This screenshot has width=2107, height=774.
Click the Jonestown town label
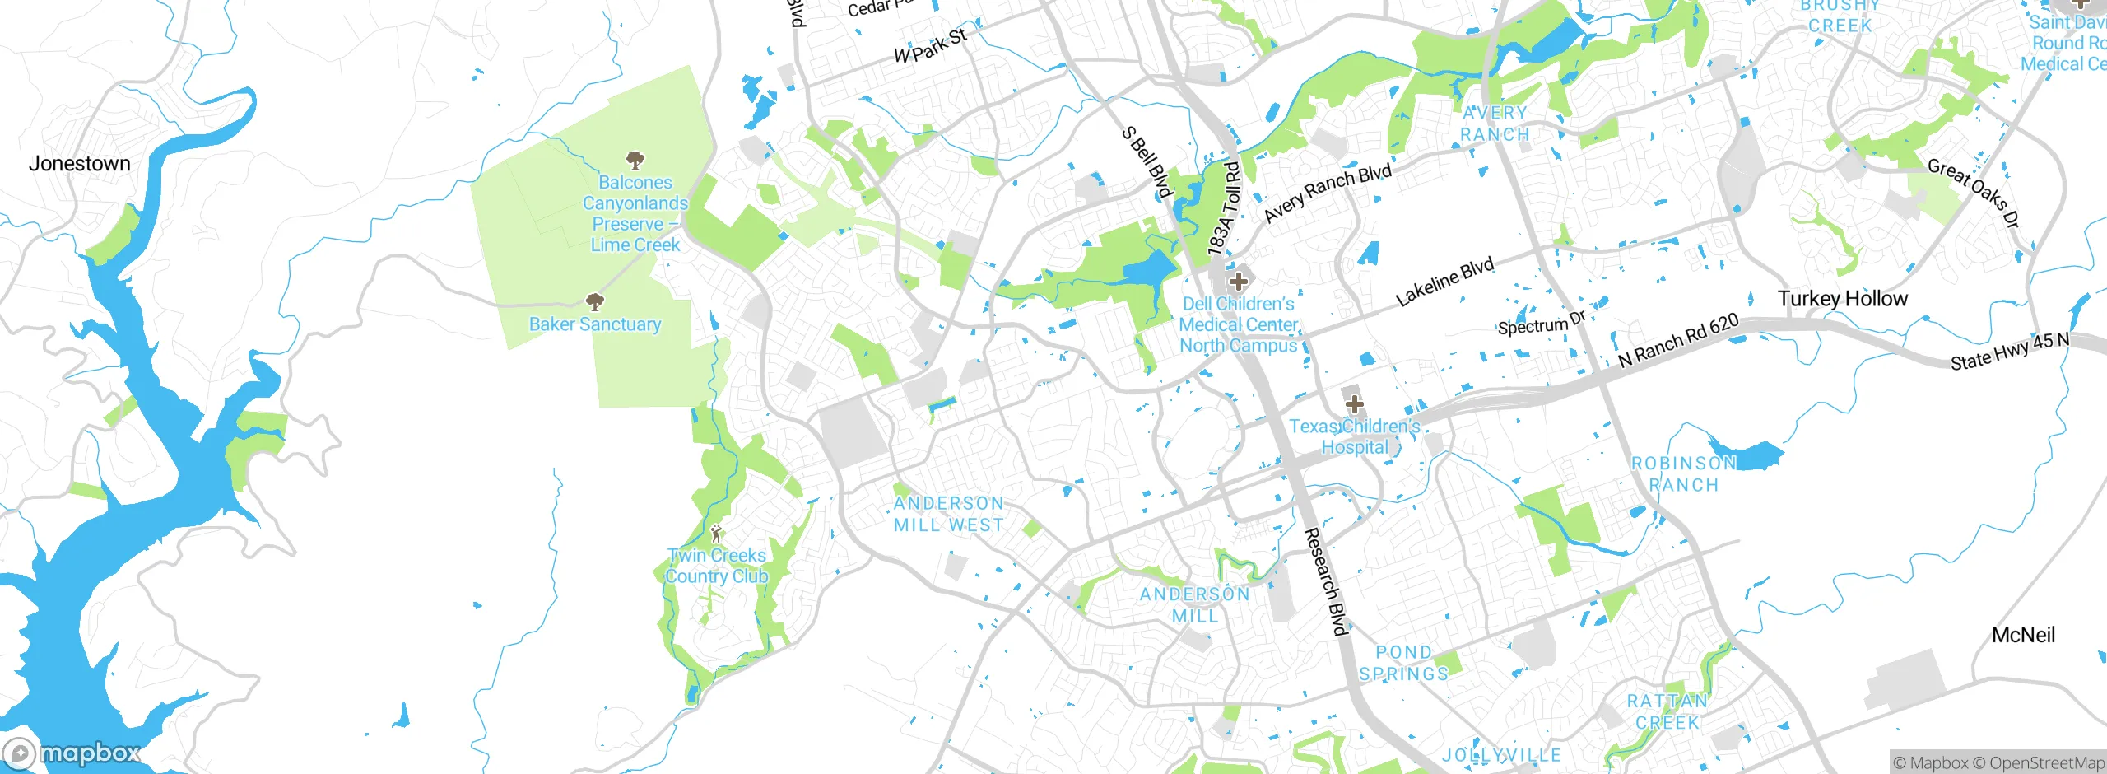(80, 164)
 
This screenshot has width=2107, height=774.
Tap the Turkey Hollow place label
(1842, 299)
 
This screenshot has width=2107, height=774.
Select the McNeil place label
(2023, 635)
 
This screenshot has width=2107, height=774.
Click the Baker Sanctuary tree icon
(594, 301)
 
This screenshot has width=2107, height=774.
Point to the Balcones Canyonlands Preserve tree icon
(635, 159)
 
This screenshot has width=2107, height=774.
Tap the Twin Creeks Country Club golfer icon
(716, 533)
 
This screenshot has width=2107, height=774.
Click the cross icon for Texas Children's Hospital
(1354, 404)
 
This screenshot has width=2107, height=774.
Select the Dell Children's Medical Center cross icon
(1238, 282)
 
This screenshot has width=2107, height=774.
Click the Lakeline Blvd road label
(1444, 282)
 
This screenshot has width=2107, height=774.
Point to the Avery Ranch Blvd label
(1327, 193)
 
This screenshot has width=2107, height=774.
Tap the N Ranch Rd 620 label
(1678, 341)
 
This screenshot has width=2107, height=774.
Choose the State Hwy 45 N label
(2009, 351)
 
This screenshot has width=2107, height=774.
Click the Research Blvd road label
(1326, 582)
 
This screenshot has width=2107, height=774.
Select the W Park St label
(930, 46)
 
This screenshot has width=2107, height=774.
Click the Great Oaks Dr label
(1974, 193)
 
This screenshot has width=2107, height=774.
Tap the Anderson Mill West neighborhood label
(948, 514)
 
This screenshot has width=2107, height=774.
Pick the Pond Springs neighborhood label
(1403, 663)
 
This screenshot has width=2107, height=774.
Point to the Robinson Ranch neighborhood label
(1683, 474)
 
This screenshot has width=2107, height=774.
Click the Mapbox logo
(72, 753)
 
